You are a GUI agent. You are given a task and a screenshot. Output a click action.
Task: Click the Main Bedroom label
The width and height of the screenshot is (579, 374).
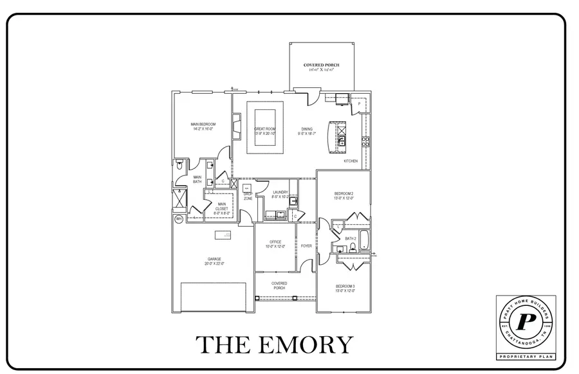point(203,126)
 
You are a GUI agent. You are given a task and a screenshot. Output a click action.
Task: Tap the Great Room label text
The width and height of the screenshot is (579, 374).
point(264,130)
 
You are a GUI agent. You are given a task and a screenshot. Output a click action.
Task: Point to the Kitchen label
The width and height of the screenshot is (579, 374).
point(351,161)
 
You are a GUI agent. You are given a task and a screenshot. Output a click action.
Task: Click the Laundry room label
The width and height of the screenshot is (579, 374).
point(280,193)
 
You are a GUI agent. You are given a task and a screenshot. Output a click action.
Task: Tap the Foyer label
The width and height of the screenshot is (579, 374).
point(306,245)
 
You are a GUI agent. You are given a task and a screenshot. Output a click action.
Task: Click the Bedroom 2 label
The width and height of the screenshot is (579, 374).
point(344,195)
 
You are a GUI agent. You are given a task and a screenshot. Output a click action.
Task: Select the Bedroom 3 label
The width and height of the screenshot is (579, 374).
point(344,288)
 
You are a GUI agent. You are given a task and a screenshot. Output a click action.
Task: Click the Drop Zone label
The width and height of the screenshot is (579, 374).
point(248,196)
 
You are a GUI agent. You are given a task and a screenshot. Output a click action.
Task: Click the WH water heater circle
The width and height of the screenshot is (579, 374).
point(179,218)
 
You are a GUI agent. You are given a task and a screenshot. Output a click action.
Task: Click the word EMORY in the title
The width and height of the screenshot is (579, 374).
point(311,345)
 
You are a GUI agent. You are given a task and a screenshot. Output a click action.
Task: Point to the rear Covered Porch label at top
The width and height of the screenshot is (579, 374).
point(321,67)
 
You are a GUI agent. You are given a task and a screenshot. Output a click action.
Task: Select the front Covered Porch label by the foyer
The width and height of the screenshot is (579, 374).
point(279,285)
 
